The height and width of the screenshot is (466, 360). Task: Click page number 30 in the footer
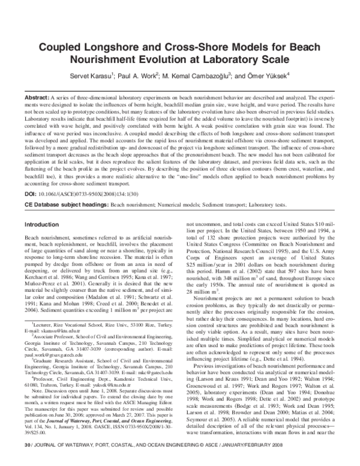click(26, 460)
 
